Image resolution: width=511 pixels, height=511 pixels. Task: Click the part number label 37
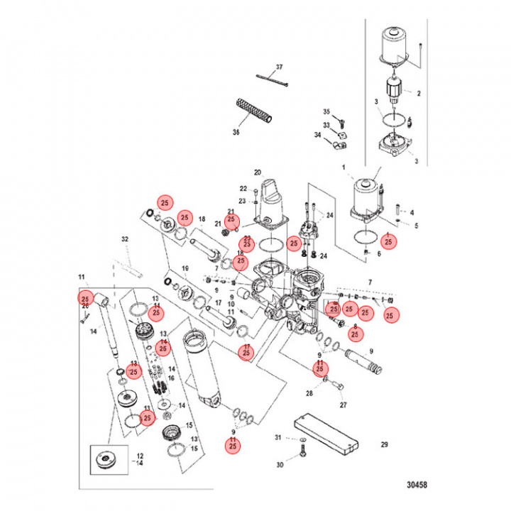coord(279,67)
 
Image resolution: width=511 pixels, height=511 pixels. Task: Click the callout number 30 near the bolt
coord(280,465)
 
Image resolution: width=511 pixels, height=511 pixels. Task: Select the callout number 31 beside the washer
coord(279,438)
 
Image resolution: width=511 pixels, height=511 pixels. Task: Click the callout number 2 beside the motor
coord(418,93)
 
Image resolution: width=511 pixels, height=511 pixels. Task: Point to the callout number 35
coord(327,112)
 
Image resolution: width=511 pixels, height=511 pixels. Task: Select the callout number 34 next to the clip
coord(317,135)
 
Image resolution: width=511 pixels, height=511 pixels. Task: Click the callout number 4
coord(412,211)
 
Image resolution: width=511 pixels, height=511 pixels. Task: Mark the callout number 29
coord(384,445)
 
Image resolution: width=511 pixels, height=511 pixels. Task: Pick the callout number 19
coord(185,268)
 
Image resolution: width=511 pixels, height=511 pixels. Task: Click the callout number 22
coord(243,189)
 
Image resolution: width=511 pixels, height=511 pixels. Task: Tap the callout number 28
coord(309,393)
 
